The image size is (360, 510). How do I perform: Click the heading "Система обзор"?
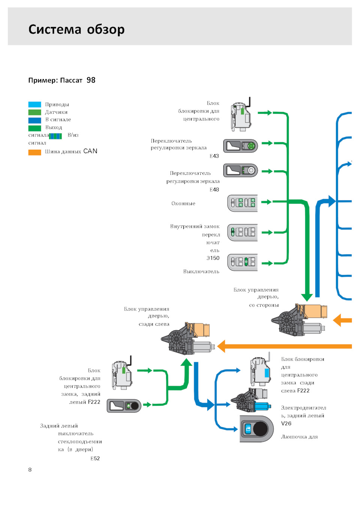tap(76, 29)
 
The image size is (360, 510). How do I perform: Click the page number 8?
tap(30, 469)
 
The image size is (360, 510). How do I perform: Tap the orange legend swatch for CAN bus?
tap(34, 152)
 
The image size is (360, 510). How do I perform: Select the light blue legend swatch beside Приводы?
tap(34, 105)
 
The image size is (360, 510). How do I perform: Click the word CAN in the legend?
tap(90, 151)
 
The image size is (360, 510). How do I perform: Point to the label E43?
tap(214, 156)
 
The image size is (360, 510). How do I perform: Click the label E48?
tap(214, 190)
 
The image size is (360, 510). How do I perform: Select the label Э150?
tap(213, 258)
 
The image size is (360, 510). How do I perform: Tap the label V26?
tap(286, 424)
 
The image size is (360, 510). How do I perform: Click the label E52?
tap(95, 459)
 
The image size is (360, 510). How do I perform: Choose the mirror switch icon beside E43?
tap(240, 146)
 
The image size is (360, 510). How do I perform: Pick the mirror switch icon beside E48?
tap(240, 170)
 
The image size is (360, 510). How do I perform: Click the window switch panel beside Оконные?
tap(243, 203)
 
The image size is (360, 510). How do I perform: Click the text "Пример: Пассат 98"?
tap(62, 80)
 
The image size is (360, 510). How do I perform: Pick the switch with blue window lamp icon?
tap(256, 429)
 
